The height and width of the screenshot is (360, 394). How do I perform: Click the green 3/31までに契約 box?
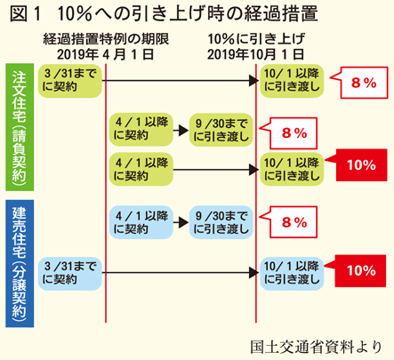click(70, 81)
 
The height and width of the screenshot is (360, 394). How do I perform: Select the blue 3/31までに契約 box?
click(70, 274)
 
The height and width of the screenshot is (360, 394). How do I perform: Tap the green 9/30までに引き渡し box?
click(221, 130)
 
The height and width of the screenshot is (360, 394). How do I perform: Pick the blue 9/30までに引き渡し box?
click(221, 222)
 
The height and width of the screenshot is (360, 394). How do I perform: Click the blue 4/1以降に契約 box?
click(141, 222)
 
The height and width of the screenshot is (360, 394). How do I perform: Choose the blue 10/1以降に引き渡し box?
click(292, 274)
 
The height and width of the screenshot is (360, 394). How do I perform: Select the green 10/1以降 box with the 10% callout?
click(292, 170)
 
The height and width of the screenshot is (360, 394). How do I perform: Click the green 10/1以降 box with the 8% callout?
click(292, 81)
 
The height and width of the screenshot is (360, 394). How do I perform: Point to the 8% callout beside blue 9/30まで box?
click(293, 222)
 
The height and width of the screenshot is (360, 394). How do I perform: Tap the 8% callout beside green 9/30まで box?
click(293, 133)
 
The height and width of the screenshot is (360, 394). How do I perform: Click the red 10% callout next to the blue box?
click(360, 271)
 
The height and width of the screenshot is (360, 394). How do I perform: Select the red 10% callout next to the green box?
click(361, 165)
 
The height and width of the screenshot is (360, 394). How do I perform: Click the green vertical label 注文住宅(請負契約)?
click(20, 127)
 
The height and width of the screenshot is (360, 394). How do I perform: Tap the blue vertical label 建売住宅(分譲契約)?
click(20, 263)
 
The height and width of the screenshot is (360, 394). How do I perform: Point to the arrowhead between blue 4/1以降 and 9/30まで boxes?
click(184, 222)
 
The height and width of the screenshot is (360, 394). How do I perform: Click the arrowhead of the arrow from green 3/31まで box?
click(253, 80)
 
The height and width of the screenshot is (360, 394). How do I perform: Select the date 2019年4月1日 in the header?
click(106, 54)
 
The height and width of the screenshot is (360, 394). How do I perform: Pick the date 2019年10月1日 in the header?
click(255, 54)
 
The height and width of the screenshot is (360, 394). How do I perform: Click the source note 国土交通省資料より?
click(316, 347)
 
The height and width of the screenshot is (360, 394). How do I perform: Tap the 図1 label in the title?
click(25, 14)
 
